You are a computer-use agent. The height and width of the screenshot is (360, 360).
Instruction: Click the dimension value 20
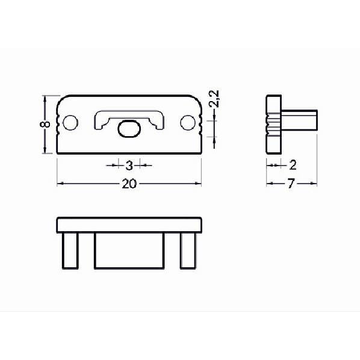coord(129,184)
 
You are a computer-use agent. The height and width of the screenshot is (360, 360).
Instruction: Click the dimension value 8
coord(45,124)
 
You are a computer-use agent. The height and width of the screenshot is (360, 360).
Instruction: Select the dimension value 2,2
coord(214,99)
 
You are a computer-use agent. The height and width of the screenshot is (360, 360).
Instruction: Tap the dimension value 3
coord(129,166)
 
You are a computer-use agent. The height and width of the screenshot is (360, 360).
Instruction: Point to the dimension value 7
coord(291,184)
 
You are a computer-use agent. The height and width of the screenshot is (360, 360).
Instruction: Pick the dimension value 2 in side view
coord(293,165)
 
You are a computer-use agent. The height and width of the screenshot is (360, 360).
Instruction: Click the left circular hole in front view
coord(70,123)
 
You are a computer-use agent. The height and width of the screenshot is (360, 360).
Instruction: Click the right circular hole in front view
coord(188,123)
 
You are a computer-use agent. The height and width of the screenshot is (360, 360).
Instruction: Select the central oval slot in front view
coord(129,129)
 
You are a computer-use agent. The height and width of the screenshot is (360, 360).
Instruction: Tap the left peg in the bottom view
coord(70,250)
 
